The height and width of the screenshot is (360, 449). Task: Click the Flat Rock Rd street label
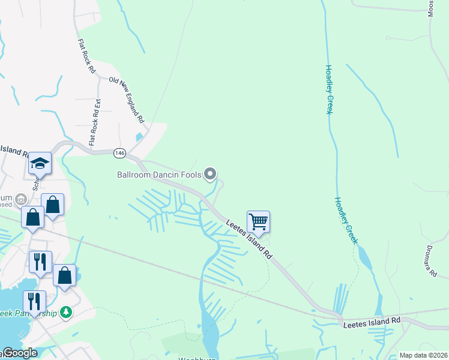click(87, 56)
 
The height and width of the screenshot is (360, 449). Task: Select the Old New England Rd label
click(128, 100)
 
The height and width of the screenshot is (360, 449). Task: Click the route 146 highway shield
click(119, 154)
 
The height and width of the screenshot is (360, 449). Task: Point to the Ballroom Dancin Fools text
click(159, 175)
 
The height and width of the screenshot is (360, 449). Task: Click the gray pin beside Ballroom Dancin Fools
click(210, 174)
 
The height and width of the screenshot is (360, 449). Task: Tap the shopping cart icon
click(258, 221)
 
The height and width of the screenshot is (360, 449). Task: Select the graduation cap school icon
click(40, 163)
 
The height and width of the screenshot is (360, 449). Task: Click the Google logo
click(19, 353)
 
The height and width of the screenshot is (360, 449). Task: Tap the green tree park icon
click(67, 313)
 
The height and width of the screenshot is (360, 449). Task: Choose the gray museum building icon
click(20, 199)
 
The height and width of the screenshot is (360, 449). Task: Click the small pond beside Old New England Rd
click(140, 136)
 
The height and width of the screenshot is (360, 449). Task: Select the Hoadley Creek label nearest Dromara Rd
click(346, 220)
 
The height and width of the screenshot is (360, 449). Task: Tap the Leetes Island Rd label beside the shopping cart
click(250, 239)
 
